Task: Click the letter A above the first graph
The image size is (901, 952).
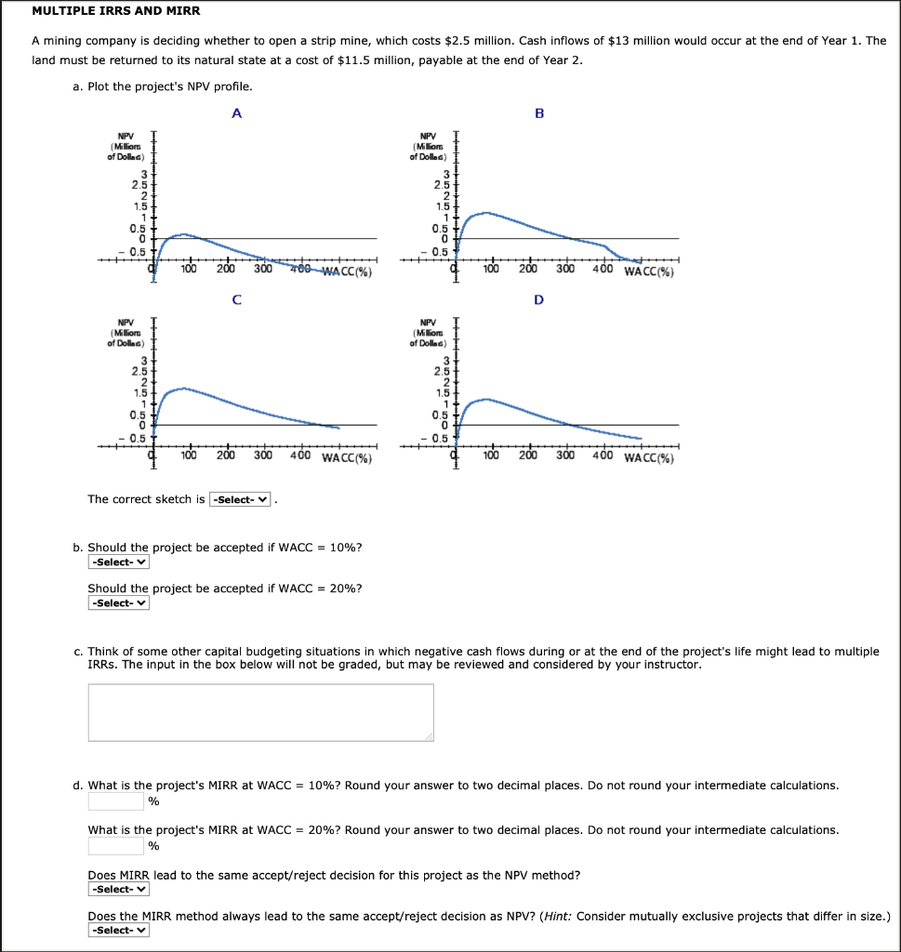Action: pos(236,113)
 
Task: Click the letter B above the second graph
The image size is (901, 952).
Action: pos(538,113)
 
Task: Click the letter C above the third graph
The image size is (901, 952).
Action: pos(236,299)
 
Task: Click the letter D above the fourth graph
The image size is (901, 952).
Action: pos(538,299)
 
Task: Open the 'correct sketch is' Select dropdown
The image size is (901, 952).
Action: pos(241,499)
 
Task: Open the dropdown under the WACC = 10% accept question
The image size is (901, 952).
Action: pos(119,562)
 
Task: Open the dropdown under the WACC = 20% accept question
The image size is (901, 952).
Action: pos(119,602)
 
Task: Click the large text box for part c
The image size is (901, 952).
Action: pos(261,713)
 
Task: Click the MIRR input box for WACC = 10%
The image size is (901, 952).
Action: pos(115,801)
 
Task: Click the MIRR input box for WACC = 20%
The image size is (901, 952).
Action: pos(115,846)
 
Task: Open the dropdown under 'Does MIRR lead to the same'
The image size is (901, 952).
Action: pos(119,889)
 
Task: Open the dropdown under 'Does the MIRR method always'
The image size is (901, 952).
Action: pos(119,930)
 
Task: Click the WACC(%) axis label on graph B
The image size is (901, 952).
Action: pos(650,272)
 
